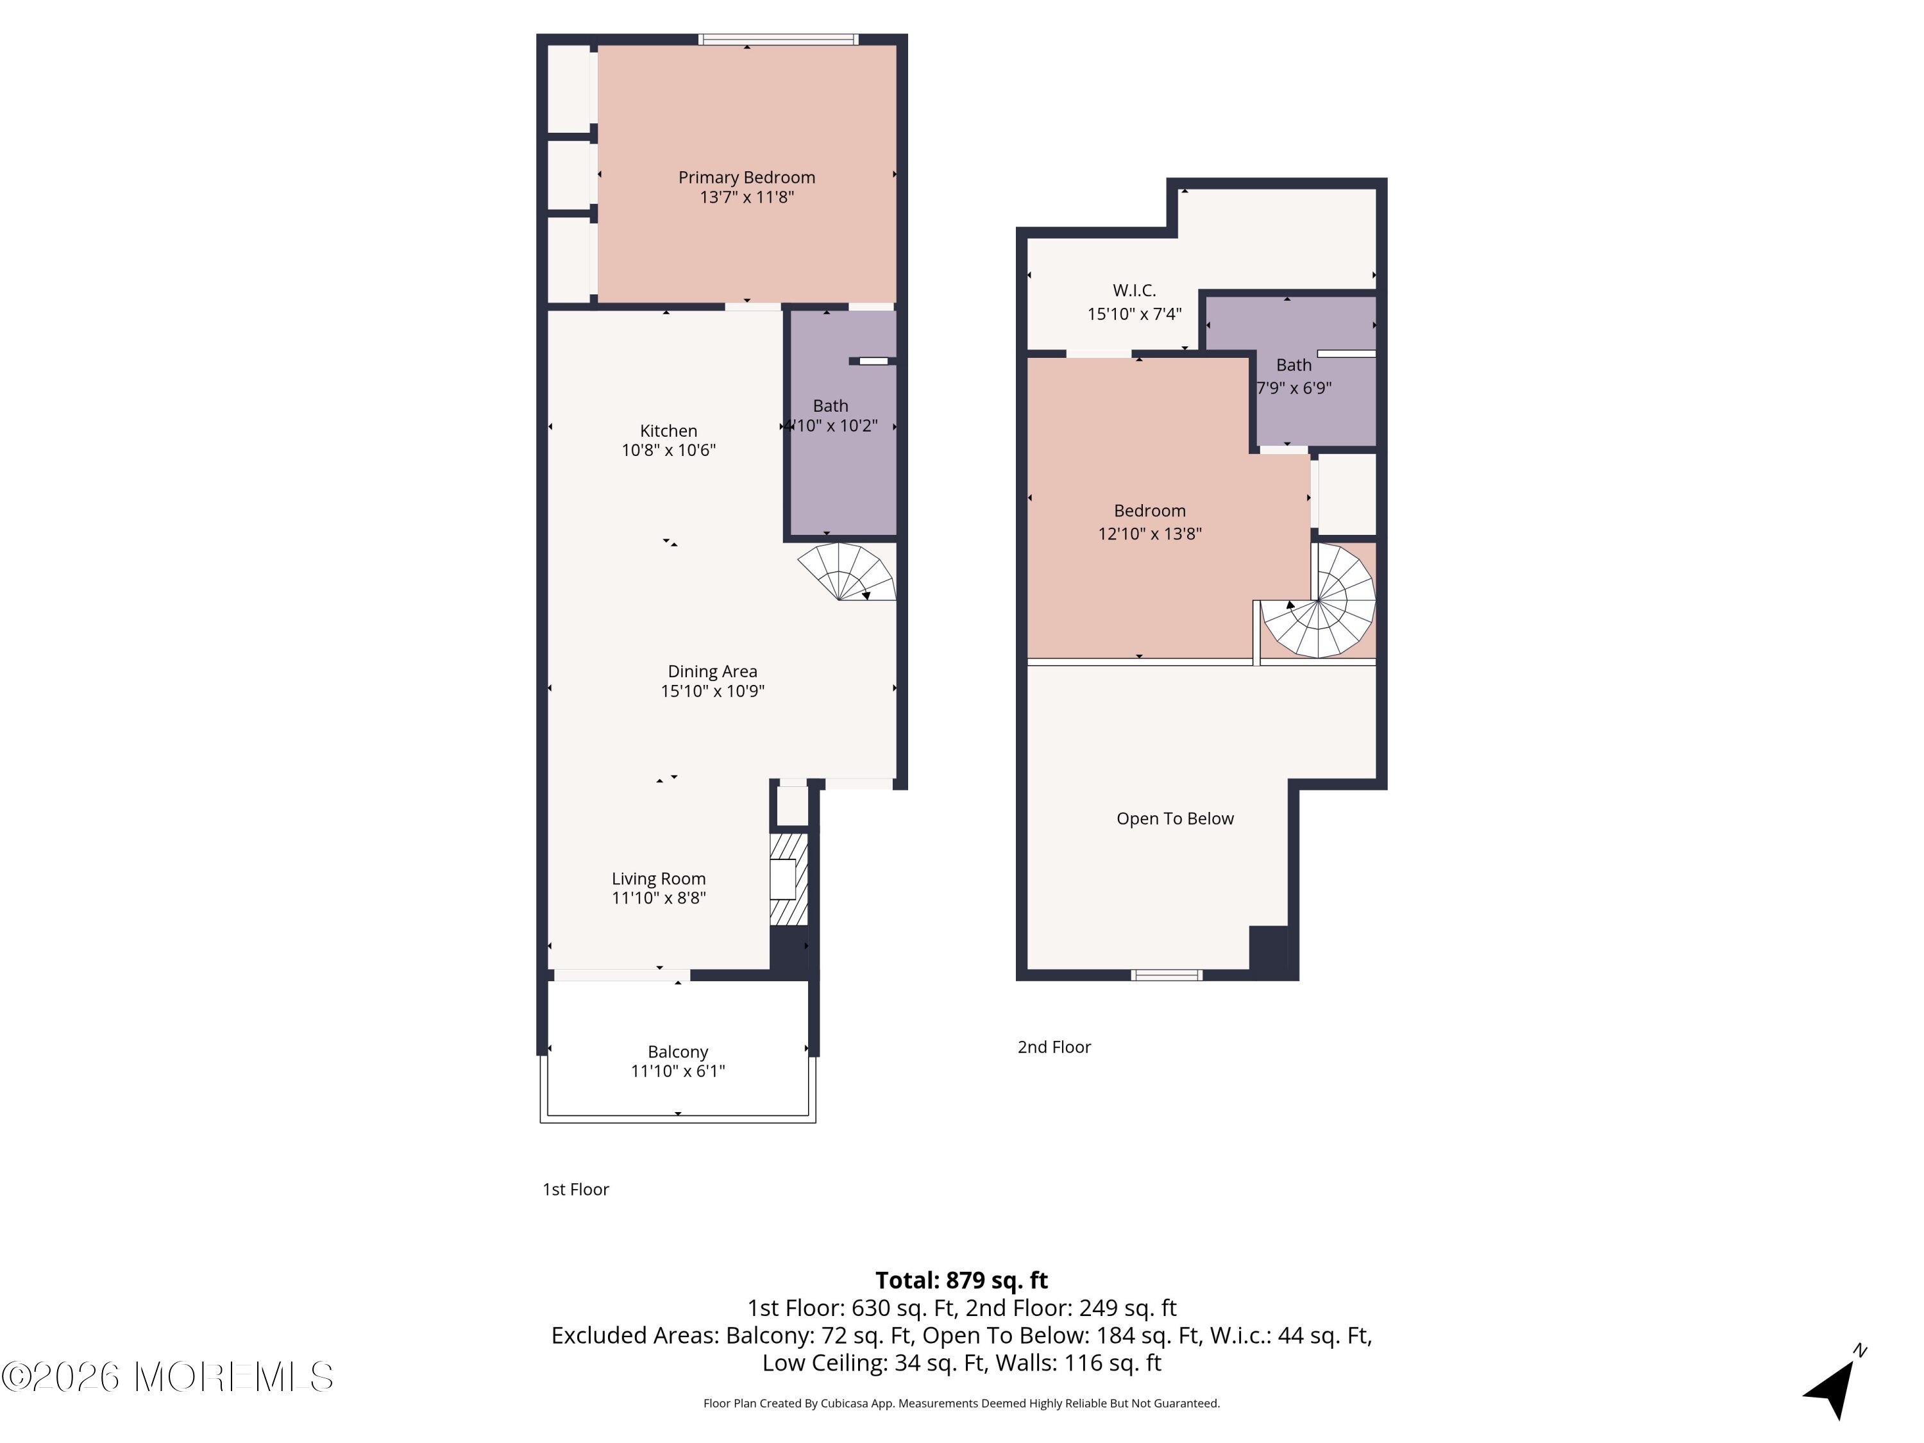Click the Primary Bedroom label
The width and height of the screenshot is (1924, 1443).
(747, 178)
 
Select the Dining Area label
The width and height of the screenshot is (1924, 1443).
(713, 671)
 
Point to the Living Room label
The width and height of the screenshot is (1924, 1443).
(659, 879)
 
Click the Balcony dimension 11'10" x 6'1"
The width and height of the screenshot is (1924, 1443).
(678, 1072)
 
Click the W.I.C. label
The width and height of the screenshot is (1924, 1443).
(1135, 291)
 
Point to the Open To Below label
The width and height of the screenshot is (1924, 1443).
(1175, 818)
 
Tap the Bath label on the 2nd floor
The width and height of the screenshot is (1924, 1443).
(1294, 366)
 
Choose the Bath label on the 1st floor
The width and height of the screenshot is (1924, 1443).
(831, 406)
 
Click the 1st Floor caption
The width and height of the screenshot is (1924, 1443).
(576, 1190)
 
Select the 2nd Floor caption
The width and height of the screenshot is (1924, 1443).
(1054, 1047)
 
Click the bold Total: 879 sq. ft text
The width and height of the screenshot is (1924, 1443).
(961, 1280)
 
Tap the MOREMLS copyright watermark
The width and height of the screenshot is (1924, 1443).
(167, 1377)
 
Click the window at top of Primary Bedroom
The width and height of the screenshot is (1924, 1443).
(779, 39)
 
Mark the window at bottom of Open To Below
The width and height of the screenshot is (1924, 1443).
(1167, 975)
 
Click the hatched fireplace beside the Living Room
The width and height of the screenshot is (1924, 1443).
(789, 879)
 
